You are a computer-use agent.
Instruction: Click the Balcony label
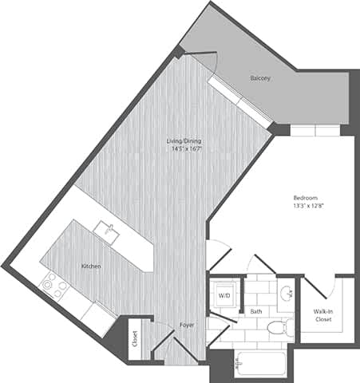pyautogui.click(x=260, y=78)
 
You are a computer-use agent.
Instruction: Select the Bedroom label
pyautogui.click(x=306, y=197)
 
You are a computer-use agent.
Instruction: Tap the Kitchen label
pyautogui.click(x=90, y=266)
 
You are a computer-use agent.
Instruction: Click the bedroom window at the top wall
pyautogui.click(x=318, y=131)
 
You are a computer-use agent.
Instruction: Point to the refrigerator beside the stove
pyautogui.click(x=98, y=318)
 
